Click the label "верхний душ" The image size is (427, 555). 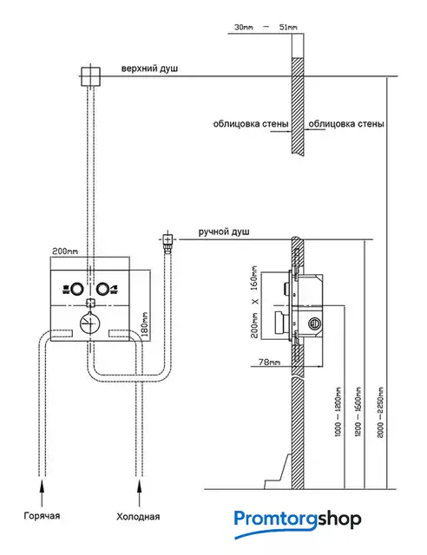click(x=149, y=69)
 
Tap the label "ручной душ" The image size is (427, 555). click(x=224, y=232)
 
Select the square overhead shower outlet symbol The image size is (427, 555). click(x=91, y=76)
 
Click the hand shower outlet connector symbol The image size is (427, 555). click(x=168, y=240)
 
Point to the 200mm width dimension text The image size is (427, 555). click(x=65, y=251)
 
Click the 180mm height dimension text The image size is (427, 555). click(x=145, y=324)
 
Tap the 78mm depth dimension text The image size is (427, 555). click(x=269, y=362)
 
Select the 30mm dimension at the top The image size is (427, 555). click(x=244, y=27)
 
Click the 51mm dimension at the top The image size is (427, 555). click(x=288, y=27)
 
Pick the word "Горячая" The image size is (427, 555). click(x=42, y=516)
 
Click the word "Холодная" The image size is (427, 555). click(x=138, y=517)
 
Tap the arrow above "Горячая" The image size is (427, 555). click(x=43, y=493)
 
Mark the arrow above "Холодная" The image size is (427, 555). click(x=139, y=493)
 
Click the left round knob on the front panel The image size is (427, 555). click(x=77, y=289)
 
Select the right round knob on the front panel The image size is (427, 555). click(x=102, y=289)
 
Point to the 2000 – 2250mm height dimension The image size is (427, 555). click(x=380, y=413)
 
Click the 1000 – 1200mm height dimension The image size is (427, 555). click(x=338, y=412)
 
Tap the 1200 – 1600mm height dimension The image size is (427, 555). click(x=358, y=412)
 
